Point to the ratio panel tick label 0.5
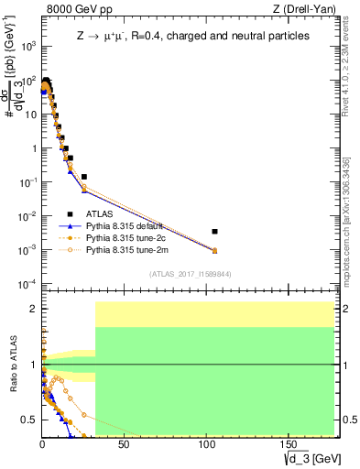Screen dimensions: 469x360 point(31,420)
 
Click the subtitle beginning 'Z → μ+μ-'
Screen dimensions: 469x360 point(180,36)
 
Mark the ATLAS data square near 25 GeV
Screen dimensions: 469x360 point(84,177)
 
